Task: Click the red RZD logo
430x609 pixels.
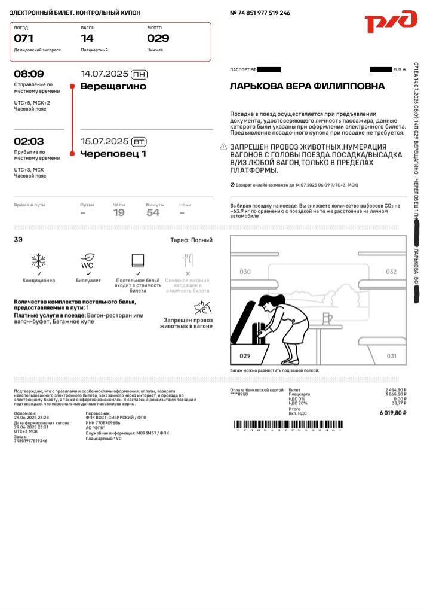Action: click(x=391, y=22)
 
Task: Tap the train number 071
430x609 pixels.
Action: click(x=24, y=38)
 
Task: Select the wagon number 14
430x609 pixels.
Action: click(x=87, y=38)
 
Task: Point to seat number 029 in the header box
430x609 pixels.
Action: click(x=158, y=38)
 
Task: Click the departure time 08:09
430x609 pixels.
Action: click(x=29, y=74)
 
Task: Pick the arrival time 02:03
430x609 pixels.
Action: click(x=29, y=141)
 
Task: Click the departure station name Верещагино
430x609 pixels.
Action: click(x=113, y=86)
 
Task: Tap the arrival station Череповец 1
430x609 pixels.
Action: click(x=113, y=154)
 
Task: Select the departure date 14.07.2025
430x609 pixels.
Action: click(x=105, y=74)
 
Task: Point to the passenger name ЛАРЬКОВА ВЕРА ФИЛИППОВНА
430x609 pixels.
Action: click(x=307, y=86)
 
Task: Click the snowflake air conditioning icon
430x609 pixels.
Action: click(x=38, y=260)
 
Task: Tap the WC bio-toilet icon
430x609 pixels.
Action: click(x=88, y=261)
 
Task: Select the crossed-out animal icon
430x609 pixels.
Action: click(x=201, y=308)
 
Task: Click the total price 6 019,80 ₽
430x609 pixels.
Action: click(x=392, y=413)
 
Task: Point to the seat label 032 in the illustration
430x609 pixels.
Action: click(x=391, y=272)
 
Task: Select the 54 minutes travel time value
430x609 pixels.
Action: click(x=153, y=212)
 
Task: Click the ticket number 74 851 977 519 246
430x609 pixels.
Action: click(x=264, y=13)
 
